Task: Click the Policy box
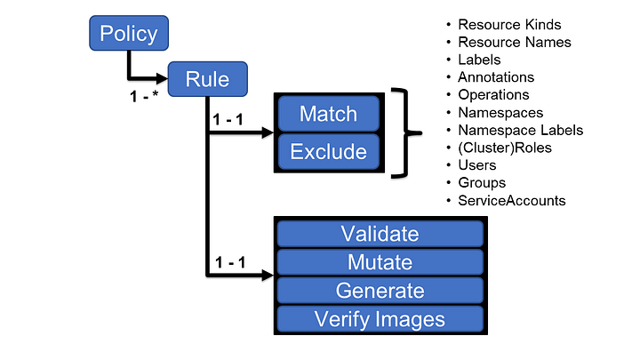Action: [x=129, y=35]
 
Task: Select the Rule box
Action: [x=207, y=79]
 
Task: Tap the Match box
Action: [x=328, y=114]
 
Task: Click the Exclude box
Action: [x=328, y=151]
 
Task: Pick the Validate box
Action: [x=380, y=234]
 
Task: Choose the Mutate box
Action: [x=380, y=262]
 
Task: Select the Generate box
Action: [x=380, y=291]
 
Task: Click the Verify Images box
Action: [x=380, y=319]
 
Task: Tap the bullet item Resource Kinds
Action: [x=509, y=25]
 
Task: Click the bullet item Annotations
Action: [x=496, y=77]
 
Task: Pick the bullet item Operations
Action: [x=493, y=94]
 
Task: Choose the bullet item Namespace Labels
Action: [x=520, y=130]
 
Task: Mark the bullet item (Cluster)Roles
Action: [x=504, y=148]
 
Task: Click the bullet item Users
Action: [x=477, y=164]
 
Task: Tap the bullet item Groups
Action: [x=481, y=182]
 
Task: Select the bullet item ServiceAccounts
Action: [x=511, y=200]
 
